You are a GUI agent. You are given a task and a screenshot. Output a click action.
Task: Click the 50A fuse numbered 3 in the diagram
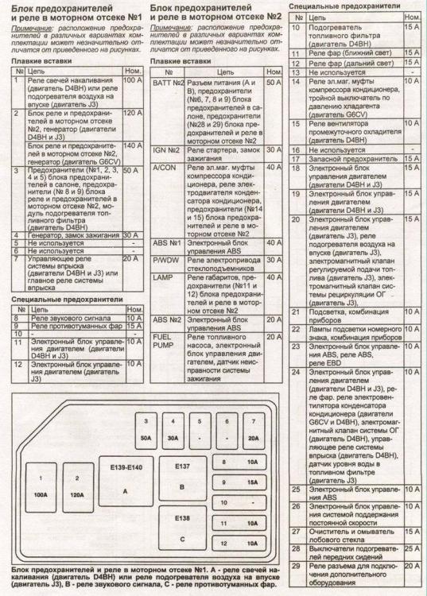coord(146,429)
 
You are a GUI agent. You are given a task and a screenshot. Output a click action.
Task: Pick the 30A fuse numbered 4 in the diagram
coord(173,429)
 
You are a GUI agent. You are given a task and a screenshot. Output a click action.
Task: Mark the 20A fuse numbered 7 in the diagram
coord(253,429)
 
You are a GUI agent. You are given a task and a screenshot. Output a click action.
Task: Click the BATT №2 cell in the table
coord(168,83)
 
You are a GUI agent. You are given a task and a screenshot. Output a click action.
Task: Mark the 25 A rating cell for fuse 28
coord(412,548)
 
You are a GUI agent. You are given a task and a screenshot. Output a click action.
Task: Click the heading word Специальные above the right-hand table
coord(313,5)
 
